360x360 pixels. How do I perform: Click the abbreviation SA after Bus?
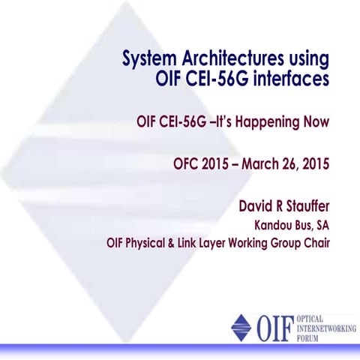click(x=321, y=224)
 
